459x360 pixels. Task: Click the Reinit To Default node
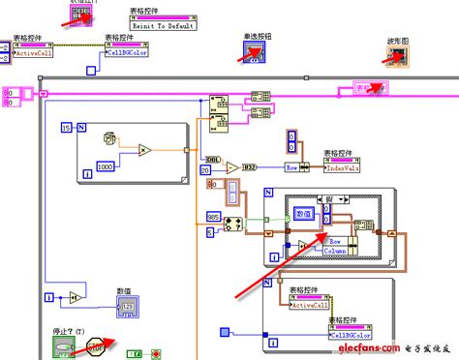(163, 23)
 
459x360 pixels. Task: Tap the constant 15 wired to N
(65, 128)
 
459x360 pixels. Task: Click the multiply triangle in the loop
(143, 150)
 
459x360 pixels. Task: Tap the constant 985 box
(213, 216)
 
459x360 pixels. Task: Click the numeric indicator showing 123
(130, 308)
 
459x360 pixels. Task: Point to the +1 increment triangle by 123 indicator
(74, 296)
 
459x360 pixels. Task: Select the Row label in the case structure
(335, 240)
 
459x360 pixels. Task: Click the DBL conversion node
(211, 157)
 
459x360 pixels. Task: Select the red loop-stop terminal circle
(156, 354)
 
